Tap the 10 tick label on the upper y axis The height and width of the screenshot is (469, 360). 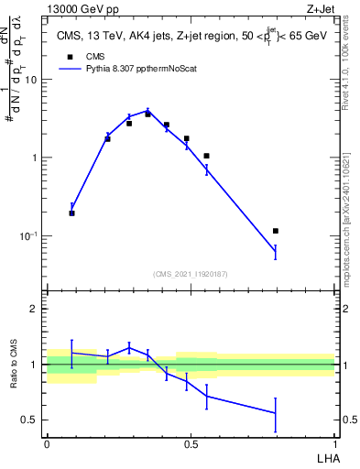[x=30, y=80]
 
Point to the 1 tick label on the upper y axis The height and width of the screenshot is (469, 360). [x=35, y=158]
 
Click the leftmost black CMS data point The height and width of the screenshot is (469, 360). [x=72, y=213]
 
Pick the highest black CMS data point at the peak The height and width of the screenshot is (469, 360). [x=147, y=115]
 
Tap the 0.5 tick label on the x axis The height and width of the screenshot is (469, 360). [x=191, y=443]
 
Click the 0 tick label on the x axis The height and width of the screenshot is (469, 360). [x=47, y=443]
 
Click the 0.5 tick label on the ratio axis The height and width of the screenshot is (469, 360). [x=30, y=420]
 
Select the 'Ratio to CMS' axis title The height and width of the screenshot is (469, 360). [x=13, y=365]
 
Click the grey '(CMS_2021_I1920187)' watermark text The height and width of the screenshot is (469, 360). [x=191, y=274]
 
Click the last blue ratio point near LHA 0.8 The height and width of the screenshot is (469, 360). [x=276, y=413]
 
